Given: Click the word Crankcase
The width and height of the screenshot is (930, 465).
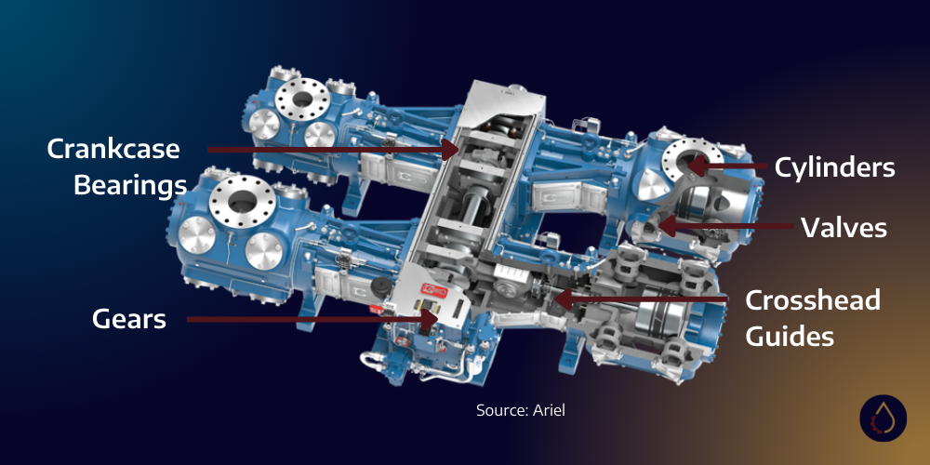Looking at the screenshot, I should pos(113,149).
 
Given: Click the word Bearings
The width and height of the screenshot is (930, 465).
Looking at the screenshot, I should pos(129,184).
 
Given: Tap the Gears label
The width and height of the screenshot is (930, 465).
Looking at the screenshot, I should pos(129,319).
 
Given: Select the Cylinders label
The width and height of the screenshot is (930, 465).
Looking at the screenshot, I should pos(834,167).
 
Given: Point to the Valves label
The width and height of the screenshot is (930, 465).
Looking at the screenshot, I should pos(844,228).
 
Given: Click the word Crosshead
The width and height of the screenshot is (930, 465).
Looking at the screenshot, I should pos(813,300).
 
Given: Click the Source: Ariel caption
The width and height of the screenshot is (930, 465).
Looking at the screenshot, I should pos(520,410).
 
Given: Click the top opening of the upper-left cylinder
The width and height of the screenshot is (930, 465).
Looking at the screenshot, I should pos(302,93).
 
